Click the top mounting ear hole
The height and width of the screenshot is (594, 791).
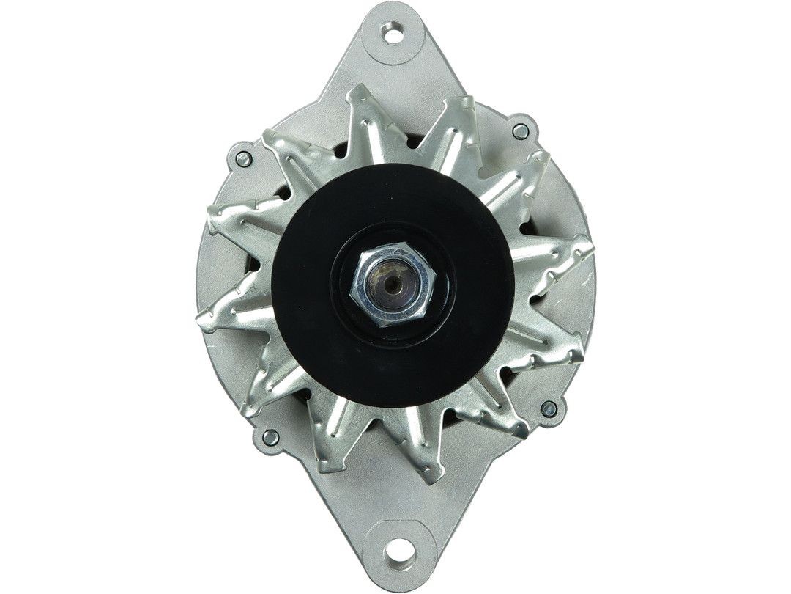click(393, 33)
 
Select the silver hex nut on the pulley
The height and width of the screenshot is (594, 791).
click(393, 285)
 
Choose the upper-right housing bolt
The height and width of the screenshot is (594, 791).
click(520, 132)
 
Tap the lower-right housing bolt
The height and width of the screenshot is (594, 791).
click(547, 409)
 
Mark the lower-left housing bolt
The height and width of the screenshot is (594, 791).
click(270, 438)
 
